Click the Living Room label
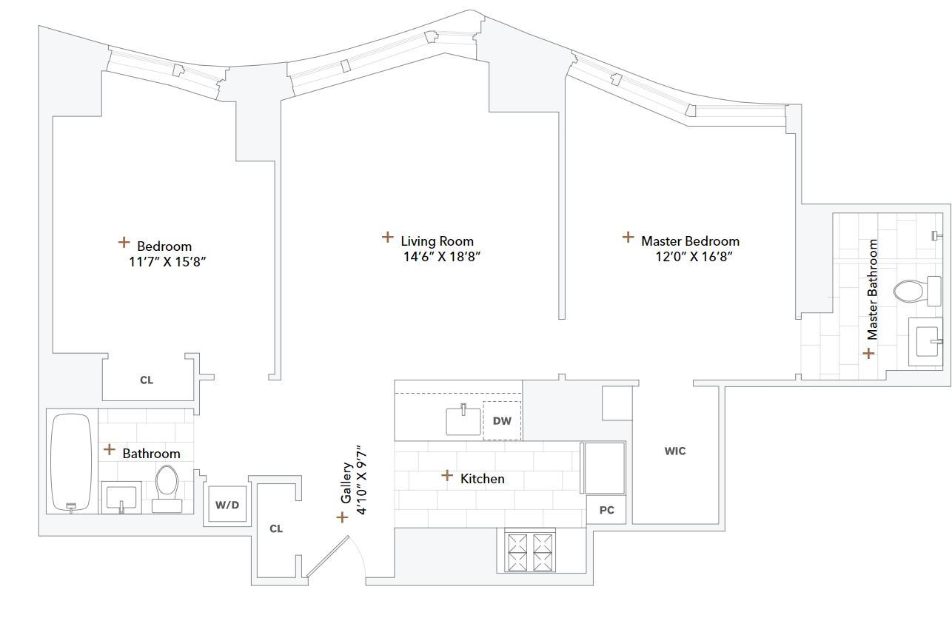point(437,241)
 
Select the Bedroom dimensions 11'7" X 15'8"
point(167,262)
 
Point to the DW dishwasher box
point(502,420)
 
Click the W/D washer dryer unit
point(227,505)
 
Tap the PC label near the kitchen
point(607,510)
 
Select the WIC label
point(674,451)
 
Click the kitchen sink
point(462,420)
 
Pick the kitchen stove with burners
point(529,551)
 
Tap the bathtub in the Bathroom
point(71,462)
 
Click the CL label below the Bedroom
point(147,380)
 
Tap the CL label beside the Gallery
point(276,528)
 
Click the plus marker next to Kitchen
point(446,475)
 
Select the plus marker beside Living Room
point(387,237)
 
